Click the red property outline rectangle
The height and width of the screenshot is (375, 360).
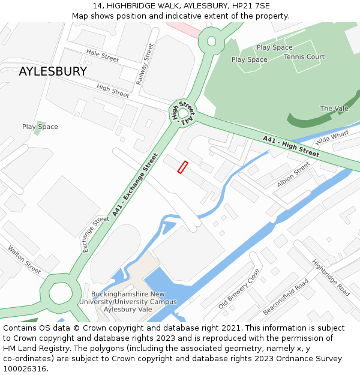(183, 167)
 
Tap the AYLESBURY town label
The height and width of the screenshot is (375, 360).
(53, 71)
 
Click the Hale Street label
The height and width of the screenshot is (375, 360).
(103, 55)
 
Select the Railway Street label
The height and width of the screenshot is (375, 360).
(145, 64)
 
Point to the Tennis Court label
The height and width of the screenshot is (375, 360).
(304, 57)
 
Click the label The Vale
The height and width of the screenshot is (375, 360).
(334, 109)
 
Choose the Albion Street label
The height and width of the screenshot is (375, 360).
(293, 174)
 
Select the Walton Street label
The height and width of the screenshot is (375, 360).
(25, 260)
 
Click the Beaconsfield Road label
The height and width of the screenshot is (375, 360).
(286, 297)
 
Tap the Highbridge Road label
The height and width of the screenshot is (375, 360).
(331, 278)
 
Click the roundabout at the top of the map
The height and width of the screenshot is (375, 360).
(211, 41)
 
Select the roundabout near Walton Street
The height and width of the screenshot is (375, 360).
(60, 293)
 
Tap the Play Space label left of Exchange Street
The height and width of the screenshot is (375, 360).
(40, 127)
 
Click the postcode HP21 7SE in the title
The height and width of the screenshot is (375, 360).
(254, 6)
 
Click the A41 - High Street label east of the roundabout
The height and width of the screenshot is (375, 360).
(291, 148)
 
